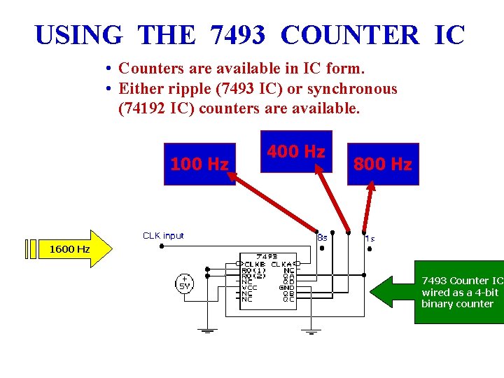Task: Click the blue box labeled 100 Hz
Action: click(199, 164)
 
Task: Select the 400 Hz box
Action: click(295, 151)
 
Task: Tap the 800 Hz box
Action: click(382, 164)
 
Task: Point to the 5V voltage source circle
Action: click(184, 282)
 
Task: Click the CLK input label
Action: click(163, 236)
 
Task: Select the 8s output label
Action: click(322, 237)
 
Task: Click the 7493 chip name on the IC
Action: click(268, 256)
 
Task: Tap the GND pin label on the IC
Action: click(287, 287)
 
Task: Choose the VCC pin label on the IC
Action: click(251, 287)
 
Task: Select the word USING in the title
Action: click(78, 34)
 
